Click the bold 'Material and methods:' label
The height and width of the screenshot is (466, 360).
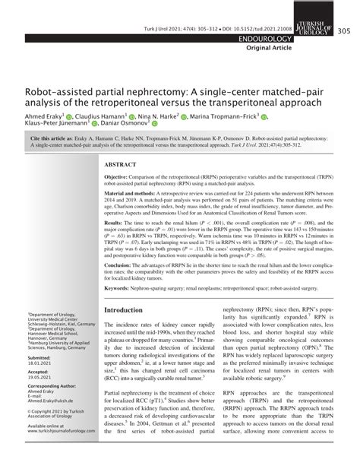[x=134, y=194]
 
